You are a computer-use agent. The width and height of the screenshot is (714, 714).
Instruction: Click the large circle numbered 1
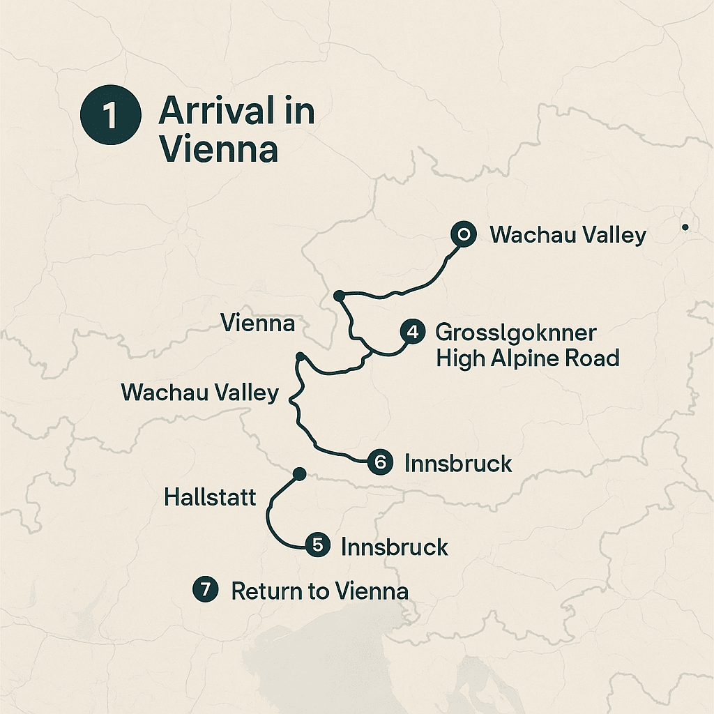pos(109,116)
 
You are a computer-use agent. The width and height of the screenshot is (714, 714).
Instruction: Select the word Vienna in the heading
pos(218,150)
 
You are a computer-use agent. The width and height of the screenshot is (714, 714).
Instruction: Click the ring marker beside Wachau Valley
pos(463,235)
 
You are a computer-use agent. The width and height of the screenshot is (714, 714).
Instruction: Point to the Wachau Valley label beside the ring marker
pos(568,235)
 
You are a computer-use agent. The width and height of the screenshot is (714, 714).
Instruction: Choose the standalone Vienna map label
pos(257,323)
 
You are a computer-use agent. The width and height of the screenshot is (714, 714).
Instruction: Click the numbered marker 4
pos(413,332)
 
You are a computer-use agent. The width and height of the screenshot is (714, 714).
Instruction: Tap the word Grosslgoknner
pos(515,332)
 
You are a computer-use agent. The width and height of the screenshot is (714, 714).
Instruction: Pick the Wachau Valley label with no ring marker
pos(199,393)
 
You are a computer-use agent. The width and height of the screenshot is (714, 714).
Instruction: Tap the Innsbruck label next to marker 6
pos(458,463)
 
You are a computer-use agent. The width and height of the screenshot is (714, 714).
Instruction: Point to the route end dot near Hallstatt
pos(300,474)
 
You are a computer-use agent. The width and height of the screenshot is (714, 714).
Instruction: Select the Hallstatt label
pos(210,497)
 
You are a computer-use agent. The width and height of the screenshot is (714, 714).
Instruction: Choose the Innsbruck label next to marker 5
pos(394,547)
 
